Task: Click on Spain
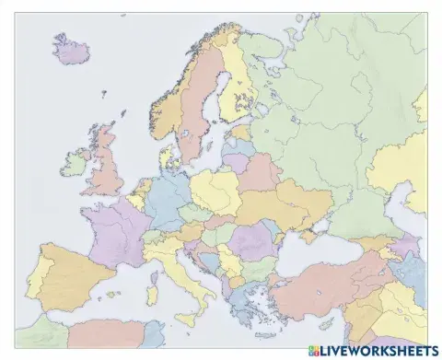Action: click(69, 268)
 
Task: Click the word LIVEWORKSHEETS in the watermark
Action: click(379, 351)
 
